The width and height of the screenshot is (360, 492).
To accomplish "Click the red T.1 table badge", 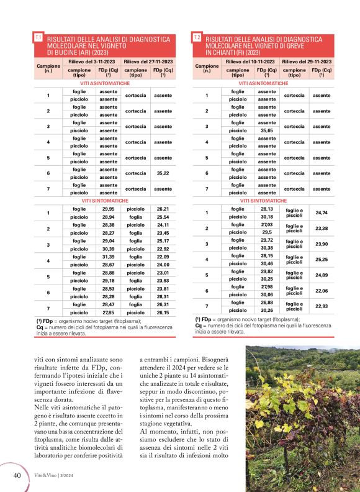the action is point(38,38).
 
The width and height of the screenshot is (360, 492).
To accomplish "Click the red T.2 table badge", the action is point(197,38).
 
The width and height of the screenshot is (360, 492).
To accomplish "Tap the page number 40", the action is point(17,475).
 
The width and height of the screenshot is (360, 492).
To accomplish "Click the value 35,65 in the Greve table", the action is point(267,130).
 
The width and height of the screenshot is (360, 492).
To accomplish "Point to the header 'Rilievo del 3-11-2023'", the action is point(91,62).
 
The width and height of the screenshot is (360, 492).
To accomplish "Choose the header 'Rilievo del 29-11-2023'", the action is point(306,62).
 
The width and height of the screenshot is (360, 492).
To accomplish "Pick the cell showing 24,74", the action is point(322,212).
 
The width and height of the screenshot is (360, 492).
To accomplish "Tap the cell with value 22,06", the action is point(322,290).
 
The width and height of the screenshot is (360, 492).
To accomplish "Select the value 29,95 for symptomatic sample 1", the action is point(108,209).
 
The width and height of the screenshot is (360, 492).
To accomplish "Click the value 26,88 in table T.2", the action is point(267,303).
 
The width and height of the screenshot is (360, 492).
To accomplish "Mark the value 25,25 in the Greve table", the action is point(322,259).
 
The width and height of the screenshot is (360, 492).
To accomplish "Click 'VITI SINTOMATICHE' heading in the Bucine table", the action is point(104,201).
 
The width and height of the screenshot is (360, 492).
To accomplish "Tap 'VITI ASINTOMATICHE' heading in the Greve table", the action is point(263,83).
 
